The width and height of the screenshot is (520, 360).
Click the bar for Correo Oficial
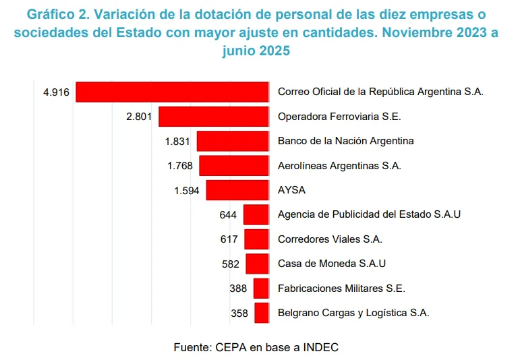(x=173, y=92)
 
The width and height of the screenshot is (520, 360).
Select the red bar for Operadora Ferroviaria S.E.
(x=214, y=117)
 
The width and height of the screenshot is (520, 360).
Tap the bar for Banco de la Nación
(x=233, y=141)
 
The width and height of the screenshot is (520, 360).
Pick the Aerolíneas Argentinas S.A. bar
(x=234, y=166)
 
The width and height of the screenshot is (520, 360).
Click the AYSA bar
(x=237, y=190)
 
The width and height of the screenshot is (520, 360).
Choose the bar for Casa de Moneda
(x=258, y=264)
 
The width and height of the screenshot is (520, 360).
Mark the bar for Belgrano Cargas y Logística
(x=262, y=313)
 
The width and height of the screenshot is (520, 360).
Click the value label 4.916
(x=56, y=92)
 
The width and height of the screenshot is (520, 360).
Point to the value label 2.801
(x=140, y=117)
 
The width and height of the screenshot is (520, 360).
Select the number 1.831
(x=178, y=142)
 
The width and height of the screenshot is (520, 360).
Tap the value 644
(x=229, y=215)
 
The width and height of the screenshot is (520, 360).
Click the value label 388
(x=238, y=289)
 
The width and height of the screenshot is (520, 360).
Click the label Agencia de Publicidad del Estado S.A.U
(x=369, y=214)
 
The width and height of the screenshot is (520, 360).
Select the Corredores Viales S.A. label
(x=330, y=239)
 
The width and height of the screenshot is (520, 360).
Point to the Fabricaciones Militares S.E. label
(x=341, y=289)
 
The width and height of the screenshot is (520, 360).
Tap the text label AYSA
(x=291, y=190)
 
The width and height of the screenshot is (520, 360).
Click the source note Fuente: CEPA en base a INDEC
(x=256, y=347)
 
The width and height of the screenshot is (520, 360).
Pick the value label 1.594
(x=187, y=191)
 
